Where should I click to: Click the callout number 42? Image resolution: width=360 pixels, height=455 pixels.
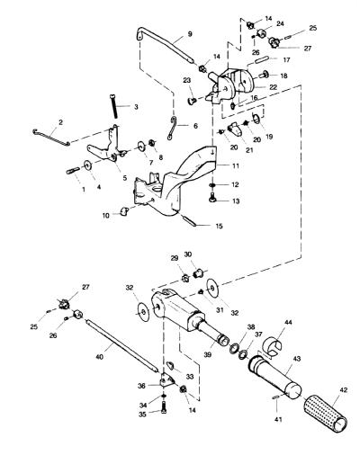(344, 390)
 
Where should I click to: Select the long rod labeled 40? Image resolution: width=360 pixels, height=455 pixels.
(121, 345)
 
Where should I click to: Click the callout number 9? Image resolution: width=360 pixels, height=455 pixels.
(190, 34)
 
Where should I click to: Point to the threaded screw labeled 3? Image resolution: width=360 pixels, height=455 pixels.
(113, 106)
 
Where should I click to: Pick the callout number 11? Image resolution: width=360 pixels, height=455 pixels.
(236, 165)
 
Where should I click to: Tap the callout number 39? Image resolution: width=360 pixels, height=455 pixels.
(208, 354)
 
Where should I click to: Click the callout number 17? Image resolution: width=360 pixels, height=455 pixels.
(286, 60)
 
